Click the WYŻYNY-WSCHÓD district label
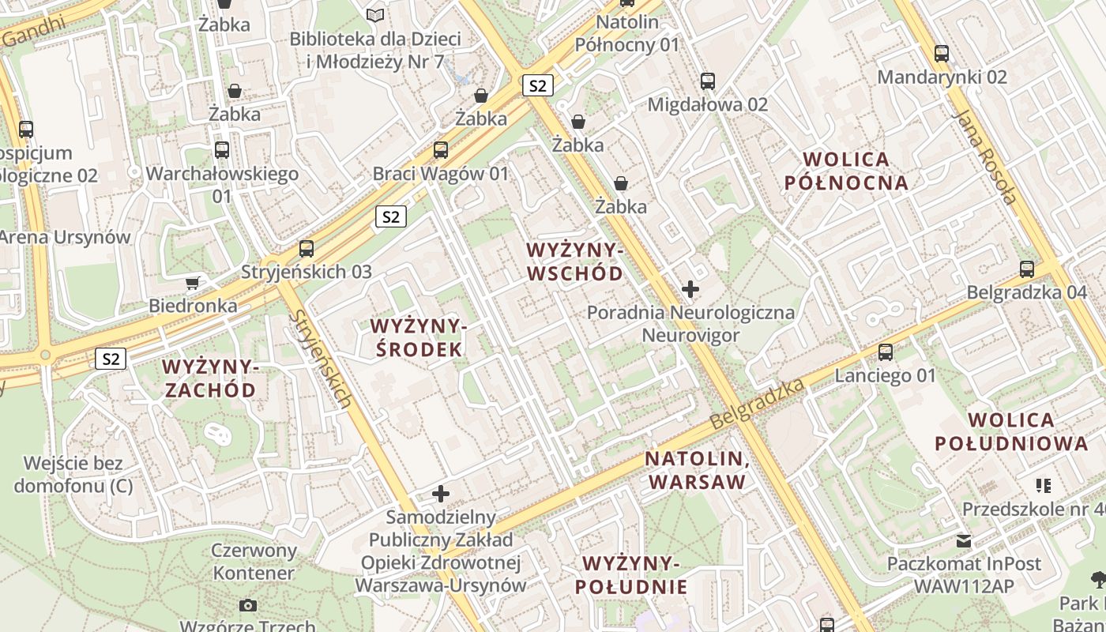pos(574,261)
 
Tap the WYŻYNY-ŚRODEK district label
pos(419,337)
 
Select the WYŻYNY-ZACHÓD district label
pos(210,378)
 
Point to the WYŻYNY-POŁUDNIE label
pos(630,574)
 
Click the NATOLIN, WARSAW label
pos(696,470)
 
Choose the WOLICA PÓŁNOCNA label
pos(845,171)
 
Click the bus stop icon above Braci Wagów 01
pos(441,149)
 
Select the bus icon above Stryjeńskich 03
pos(307,249)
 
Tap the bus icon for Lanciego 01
pos(886,352)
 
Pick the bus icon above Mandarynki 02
pos(942,54)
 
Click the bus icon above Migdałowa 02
pos(708,81)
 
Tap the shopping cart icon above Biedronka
pos(193,283)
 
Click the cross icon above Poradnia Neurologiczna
pos(690,289)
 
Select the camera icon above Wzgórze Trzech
pos(248,606)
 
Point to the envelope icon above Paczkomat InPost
pos(964,541)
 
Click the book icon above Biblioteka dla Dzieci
pos(375,15)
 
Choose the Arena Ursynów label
pos(65,237)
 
